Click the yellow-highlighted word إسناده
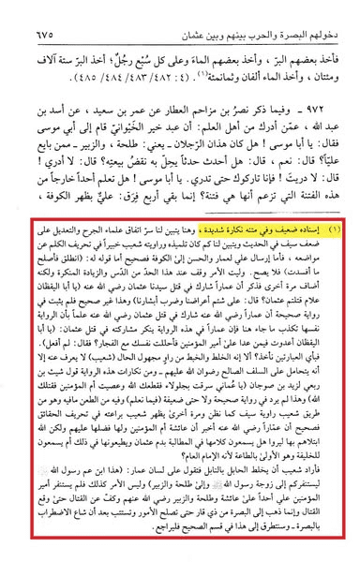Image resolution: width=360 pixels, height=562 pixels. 306,228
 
